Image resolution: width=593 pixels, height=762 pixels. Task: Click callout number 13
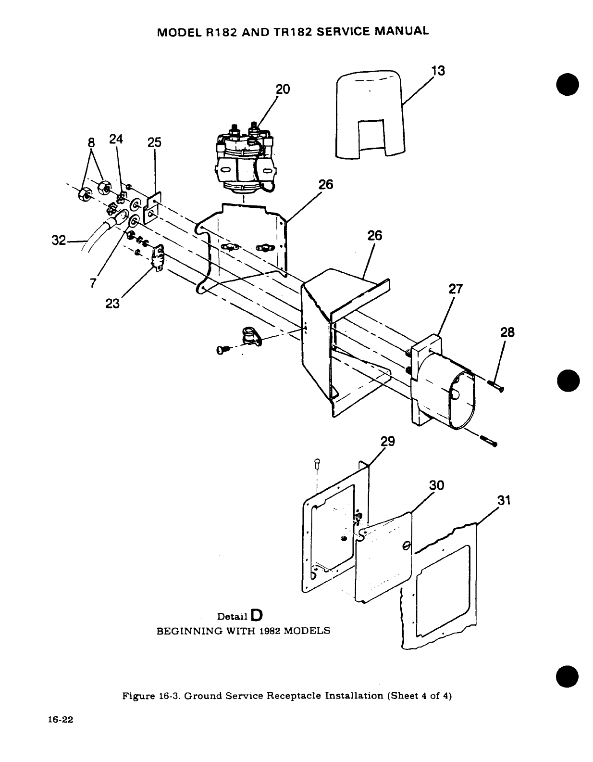click(x=438, y=71)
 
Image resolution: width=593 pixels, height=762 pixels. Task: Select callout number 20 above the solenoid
click(x=283, y=89)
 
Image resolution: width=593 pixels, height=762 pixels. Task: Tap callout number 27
click(x=455, y=289)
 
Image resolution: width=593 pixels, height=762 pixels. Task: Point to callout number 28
click(x=507, y=332)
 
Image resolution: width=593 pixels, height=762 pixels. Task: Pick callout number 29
click(x=387, y=442)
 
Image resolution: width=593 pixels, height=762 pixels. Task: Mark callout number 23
click(x=112, y=304)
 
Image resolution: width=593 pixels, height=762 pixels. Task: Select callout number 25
click(x=155, y=142)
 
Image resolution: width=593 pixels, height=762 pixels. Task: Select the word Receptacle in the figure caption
click(x=298, y=696)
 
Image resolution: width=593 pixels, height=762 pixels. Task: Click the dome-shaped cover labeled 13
click(x=369, y=115)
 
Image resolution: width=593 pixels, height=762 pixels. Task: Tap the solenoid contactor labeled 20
click(x=245, y=156)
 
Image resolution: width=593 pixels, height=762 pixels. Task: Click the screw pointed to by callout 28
click(x=495, y=385)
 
